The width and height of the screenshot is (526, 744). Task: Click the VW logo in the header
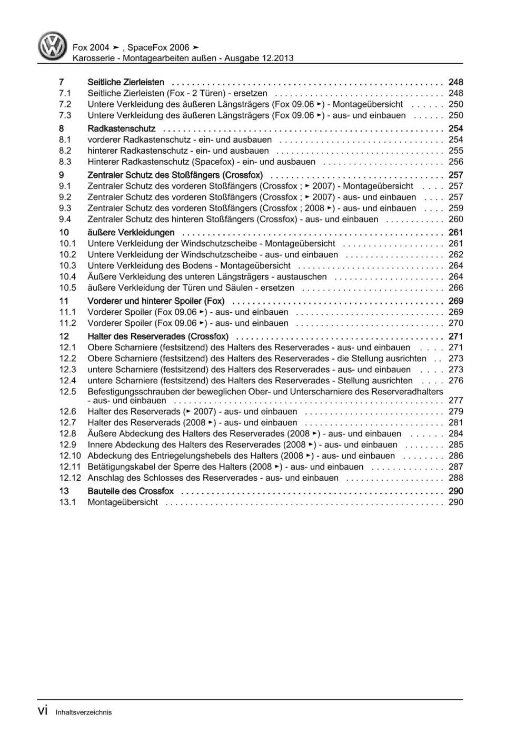(53, 46)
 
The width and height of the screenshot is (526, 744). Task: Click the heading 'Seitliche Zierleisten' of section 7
(126, 82)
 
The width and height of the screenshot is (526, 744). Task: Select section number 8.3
(65, 162)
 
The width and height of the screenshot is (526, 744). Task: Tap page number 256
(455, 162)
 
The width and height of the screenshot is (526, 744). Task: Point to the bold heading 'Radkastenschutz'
(122, 128)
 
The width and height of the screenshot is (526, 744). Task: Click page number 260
(455, 219)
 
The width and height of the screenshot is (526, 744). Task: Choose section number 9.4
(65, 219)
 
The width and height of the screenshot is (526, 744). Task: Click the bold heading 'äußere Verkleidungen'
(131, 232)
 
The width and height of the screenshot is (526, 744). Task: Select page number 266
(455, 287)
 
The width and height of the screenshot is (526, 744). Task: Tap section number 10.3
(67, 265)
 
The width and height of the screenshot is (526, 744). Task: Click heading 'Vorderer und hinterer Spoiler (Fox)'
(156, 301)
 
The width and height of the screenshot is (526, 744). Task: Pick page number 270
(455, 323)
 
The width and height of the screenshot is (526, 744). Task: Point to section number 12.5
(67, 391)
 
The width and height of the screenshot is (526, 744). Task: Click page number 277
(455, 400)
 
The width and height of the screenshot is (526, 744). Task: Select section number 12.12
(70, 478)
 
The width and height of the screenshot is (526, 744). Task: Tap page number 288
(455, 478)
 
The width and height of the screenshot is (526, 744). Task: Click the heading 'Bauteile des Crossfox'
(131, 491)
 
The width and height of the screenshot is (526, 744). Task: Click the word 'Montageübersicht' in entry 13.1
(123, 502)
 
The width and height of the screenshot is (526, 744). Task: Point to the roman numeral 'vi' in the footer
(43, 711)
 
